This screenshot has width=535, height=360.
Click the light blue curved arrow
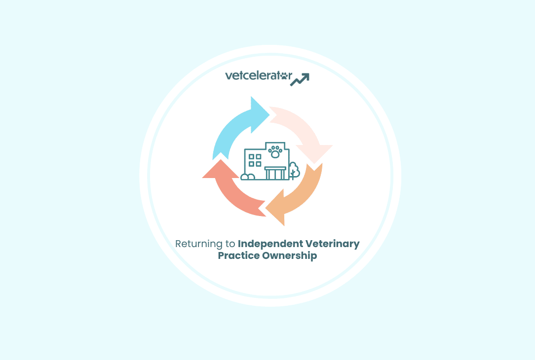coord(235,128)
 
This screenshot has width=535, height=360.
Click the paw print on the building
coord(275,152)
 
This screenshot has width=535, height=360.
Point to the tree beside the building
coord(294,171)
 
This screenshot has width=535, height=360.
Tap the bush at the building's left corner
coord(248,177)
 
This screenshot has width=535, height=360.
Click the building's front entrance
coord(275,173)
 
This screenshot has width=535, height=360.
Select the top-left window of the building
coord(252,157)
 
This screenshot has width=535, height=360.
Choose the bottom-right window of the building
coord(258,164)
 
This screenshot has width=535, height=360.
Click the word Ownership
coord(290,256)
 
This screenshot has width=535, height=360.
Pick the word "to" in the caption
coord(229,244)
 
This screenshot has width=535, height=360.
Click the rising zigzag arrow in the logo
coord(300,79)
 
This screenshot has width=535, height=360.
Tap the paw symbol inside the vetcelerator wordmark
coord(284,76)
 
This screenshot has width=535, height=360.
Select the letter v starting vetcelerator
coord(229,76)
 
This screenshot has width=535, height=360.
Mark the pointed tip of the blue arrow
coord(270,114)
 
